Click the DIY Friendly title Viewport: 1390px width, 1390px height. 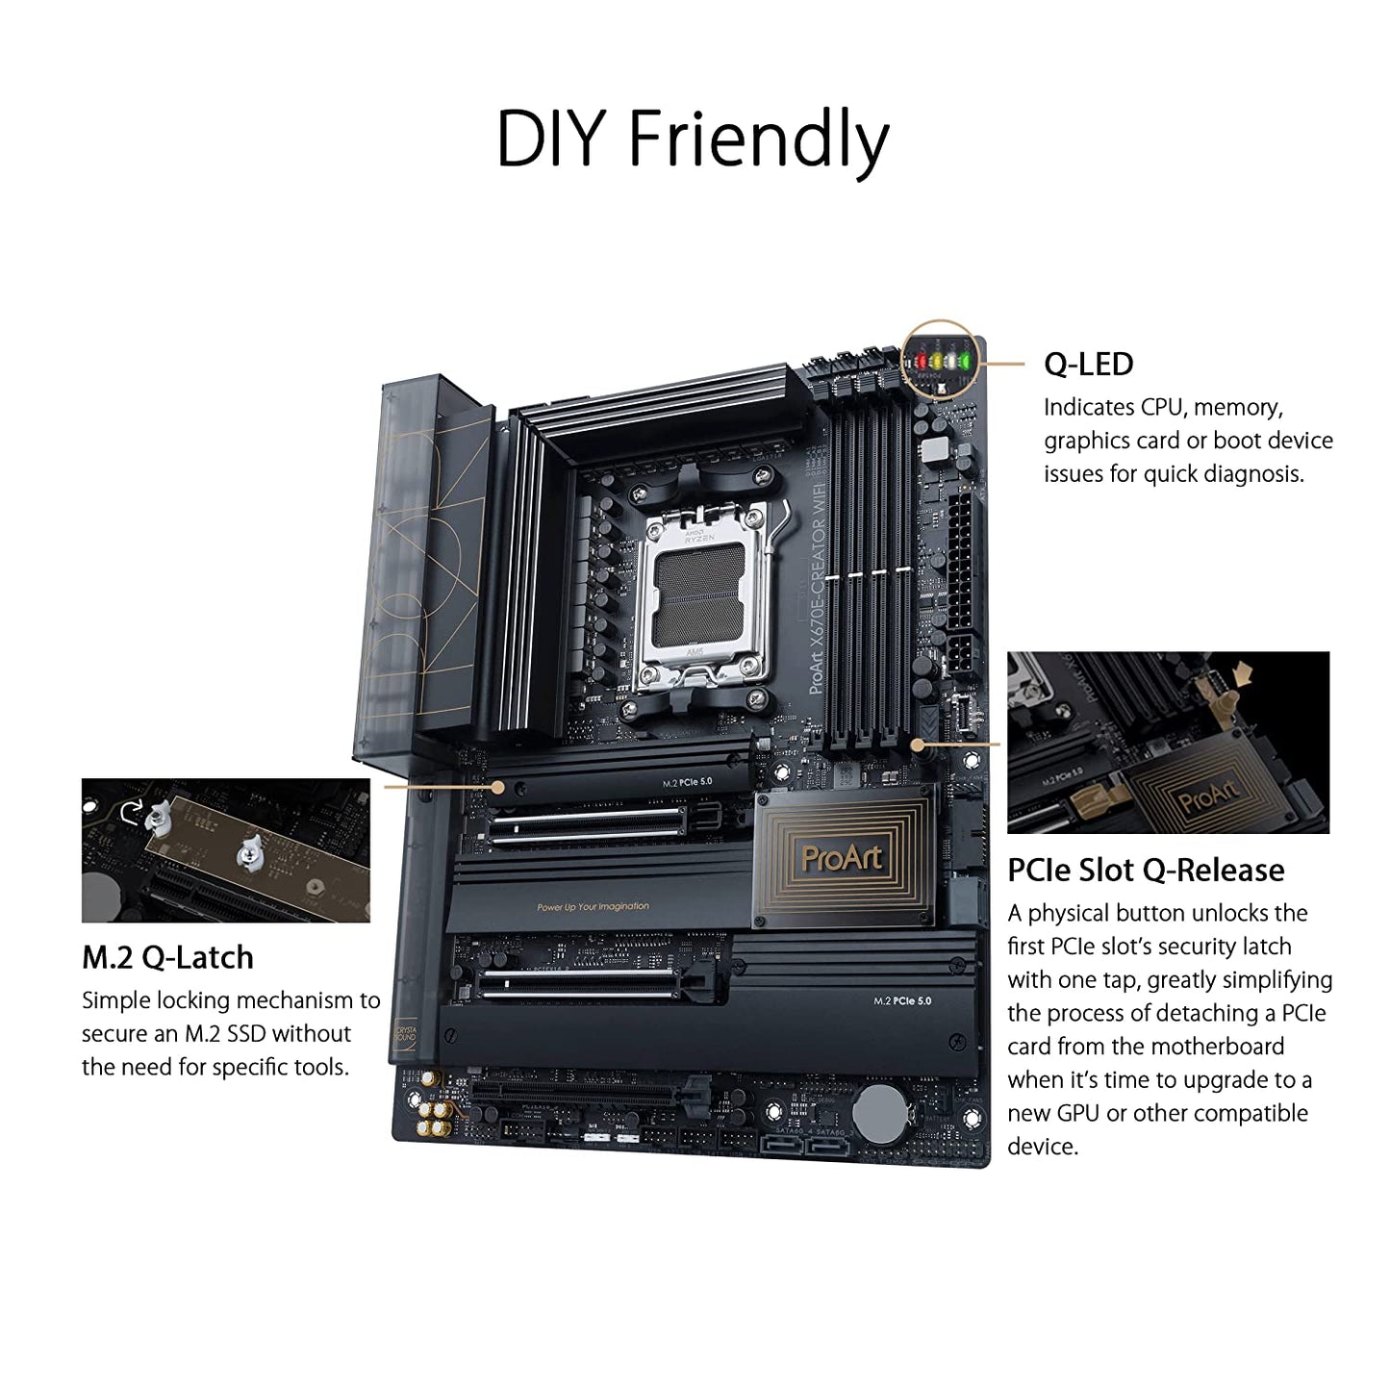[693, 140]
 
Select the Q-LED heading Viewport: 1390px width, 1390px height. [1088, 364]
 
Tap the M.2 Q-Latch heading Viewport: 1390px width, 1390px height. [167, 957]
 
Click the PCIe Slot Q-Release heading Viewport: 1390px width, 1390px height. [1145, 870]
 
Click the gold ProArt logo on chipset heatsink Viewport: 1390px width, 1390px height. [842, 857]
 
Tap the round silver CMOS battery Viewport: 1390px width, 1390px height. [880, 1114]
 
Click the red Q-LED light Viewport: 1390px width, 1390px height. [920, 362]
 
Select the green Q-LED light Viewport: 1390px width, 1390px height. [964, 362]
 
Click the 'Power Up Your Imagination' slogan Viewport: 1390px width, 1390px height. [593, 906]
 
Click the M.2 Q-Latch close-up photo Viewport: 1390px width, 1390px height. [225, 850]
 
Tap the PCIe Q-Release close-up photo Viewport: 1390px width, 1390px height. [1168, 742]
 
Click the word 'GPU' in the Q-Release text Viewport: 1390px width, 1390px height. [1077, 1113]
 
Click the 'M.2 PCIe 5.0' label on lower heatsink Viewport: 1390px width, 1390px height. [902, 1000]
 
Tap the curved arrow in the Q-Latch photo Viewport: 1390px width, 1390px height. [130, 813]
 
